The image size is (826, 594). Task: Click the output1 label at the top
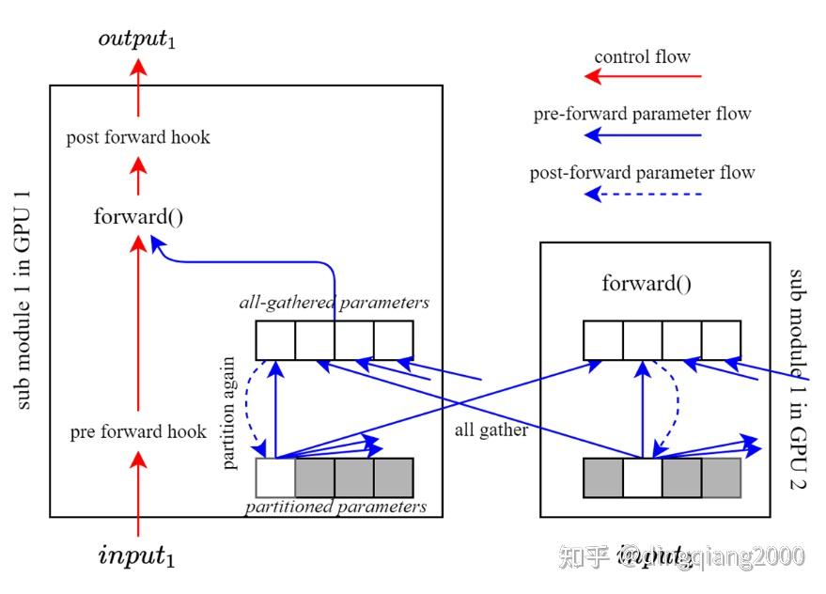137,39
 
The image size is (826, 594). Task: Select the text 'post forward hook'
138,137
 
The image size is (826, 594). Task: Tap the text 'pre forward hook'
138,432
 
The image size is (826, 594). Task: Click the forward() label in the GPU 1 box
138,216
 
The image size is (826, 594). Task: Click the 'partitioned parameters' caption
335,508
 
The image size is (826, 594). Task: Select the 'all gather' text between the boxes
491,430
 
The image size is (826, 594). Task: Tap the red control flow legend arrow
643,77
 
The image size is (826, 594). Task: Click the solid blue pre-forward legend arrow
643,135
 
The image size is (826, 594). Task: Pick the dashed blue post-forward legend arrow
643,195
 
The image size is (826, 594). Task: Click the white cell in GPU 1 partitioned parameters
275,477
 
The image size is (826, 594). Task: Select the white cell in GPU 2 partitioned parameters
642,477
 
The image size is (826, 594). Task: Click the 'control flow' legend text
643,56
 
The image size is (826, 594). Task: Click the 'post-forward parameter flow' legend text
643,173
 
